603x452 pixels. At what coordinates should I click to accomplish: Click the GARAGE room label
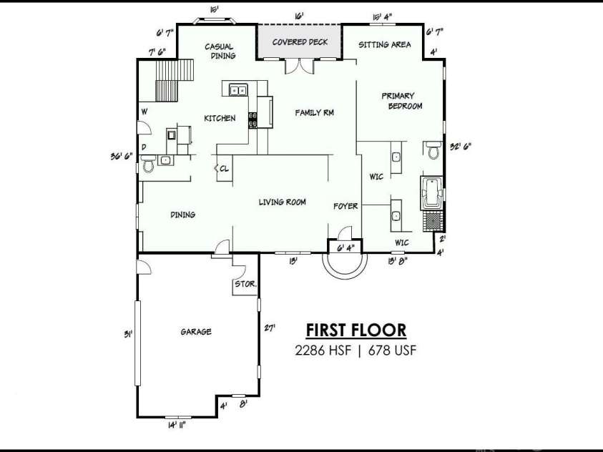point(196,331)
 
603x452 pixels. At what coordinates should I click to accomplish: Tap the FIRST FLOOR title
point(356,330)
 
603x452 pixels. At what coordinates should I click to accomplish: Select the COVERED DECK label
point(300,42)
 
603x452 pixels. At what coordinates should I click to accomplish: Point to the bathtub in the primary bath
point(431,193)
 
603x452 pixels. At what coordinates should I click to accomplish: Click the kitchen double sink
point(238,90)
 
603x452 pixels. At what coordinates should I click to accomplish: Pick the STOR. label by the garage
point(245,284)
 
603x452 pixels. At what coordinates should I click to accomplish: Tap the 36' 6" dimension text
point(122,156)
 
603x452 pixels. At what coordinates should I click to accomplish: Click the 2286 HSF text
point(323,350)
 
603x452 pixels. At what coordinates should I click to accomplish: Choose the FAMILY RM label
point(314,112)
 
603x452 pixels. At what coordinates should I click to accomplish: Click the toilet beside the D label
point(148,163)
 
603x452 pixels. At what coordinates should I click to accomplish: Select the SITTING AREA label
point(385,44)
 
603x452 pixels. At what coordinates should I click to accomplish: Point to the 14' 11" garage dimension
point(177,425)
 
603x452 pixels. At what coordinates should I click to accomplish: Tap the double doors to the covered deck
point(300,66)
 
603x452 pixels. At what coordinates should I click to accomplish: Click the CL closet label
point(224,168)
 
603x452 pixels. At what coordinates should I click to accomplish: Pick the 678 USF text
point(392,350)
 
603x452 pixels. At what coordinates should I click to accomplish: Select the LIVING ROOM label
point(283,202)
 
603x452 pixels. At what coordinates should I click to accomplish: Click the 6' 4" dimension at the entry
point(345,248)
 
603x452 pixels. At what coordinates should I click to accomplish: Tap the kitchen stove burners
point(253,119)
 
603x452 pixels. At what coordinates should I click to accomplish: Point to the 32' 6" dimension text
point(461,147)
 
